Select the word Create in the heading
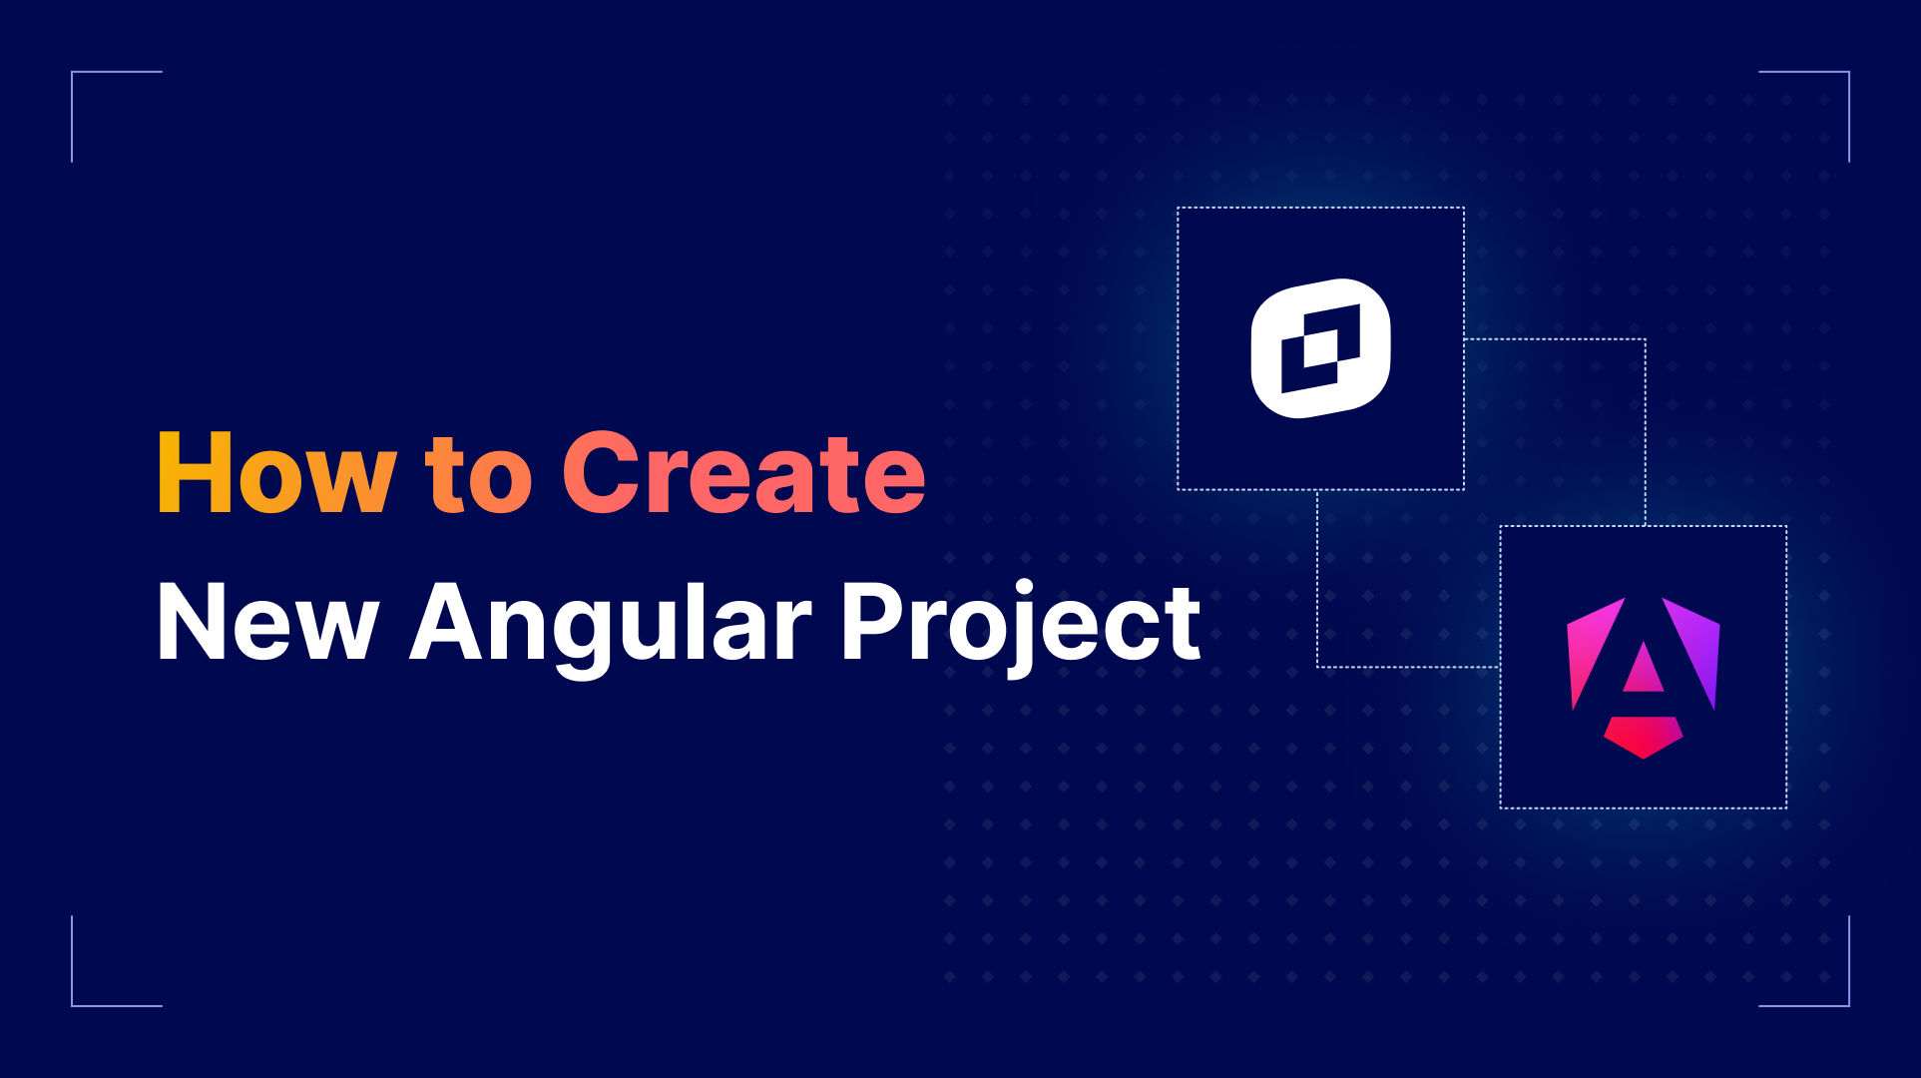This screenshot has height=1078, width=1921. click(743, 474)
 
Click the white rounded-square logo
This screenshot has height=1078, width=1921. click(1320, 348)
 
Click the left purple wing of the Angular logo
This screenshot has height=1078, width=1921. click(1593, 649)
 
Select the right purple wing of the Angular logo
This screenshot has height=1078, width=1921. click(1694, 649)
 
